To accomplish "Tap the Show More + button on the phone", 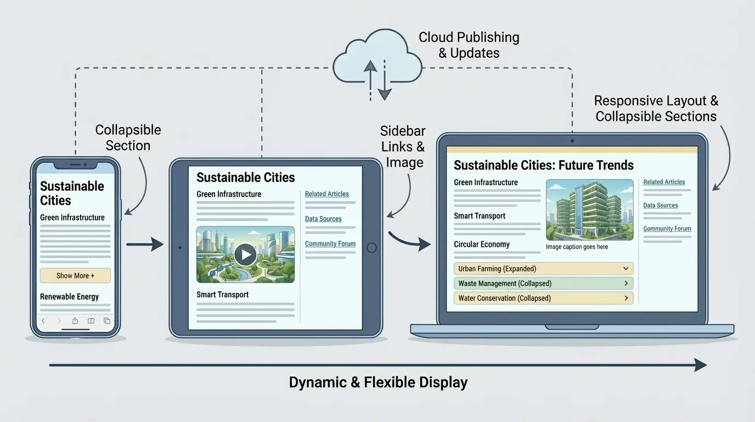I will coord(75,275).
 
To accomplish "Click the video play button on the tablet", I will coord(245,254).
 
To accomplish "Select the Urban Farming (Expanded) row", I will coord(543,269).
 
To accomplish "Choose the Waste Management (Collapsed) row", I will coord(543,284).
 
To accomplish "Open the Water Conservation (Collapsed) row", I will coord(543,298).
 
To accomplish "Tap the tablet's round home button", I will coord(371,247).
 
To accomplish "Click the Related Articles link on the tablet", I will coord(327,194).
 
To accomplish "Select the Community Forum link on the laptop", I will coord(667,229).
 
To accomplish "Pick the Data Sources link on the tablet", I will coord(323,219).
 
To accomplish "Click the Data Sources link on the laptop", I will coord(661,206).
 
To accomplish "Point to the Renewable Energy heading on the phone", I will coord(69,297).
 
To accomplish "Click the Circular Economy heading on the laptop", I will coord(481,245).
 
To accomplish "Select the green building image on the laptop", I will coord(589,210).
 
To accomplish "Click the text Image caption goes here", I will coord(577,247).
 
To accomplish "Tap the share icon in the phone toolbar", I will coord(75,321).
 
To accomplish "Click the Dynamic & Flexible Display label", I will coord(378,382).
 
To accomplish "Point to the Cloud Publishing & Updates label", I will coord(469,45).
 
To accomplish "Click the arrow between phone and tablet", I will coord(145,244).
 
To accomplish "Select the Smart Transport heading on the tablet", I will coord(222,295).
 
